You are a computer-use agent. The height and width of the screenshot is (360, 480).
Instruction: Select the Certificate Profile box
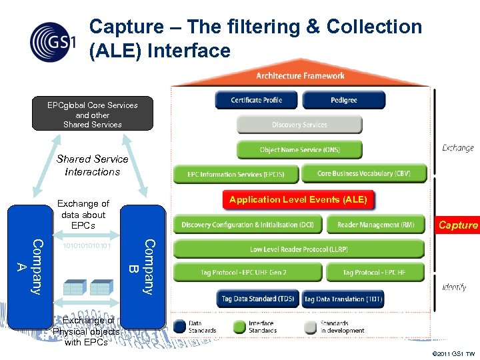click(257, 100)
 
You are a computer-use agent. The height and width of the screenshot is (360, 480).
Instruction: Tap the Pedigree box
click(343, 100)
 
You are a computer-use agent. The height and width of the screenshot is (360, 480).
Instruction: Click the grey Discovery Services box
click(299, 125)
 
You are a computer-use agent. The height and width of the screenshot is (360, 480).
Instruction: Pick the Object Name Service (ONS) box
click(299, 149)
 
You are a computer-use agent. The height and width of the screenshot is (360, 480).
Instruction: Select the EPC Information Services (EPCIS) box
click(235, 174)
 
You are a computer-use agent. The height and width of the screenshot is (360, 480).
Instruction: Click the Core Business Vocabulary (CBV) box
click(363, 173)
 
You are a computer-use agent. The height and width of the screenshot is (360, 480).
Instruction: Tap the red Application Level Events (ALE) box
click(298, 199)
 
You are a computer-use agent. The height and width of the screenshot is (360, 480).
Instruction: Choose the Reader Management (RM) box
click(375, 225)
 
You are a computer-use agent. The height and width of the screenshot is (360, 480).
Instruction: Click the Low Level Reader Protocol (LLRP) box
click(299, 249)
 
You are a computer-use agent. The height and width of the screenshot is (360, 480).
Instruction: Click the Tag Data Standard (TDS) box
click(258, 299)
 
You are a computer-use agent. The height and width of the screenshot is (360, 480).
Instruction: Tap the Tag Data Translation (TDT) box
click(343, 299)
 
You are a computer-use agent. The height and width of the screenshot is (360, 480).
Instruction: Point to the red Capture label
click(458, 225)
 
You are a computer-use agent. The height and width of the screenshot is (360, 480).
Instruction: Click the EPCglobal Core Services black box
click(93, 115)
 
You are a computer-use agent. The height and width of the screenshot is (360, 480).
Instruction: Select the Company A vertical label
click(31, 266)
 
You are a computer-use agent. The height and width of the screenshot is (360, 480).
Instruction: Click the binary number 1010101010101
click(86, 245)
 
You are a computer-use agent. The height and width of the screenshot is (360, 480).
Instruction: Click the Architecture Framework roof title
click(301, 76)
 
